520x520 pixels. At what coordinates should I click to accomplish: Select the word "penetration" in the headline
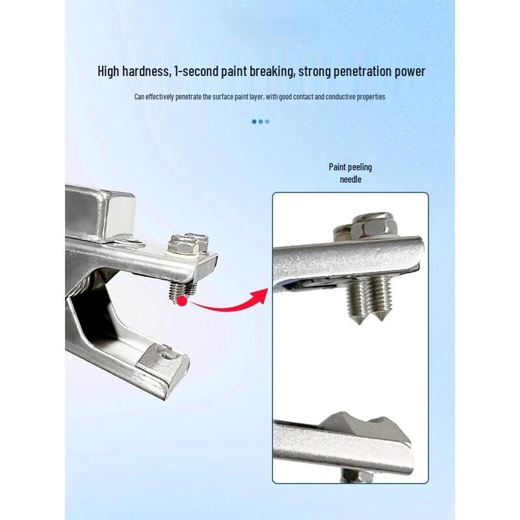pyautogui.click(x=362, y=72)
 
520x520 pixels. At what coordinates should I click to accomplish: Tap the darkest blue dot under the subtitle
pyautogui.click(x=254, y=122)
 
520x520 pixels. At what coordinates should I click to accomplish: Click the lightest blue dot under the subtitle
pyautogui.click(x=267, y=122)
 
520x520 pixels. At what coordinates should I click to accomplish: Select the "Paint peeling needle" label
pyautogui.click(x=350, y=173)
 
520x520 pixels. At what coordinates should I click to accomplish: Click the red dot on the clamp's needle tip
pyautogui.click(x=182, y=301)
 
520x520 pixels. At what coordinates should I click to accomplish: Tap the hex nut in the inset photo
pyautogui.click(x=374, y=226)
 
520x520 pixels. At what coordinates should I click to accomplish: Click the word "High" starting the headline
pyautogui.click(x=108, y=71)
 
